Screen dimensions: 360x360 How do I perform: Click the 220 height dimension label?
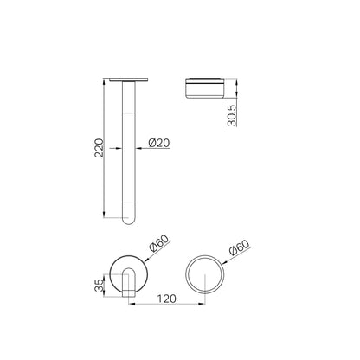click(x=99, y=148)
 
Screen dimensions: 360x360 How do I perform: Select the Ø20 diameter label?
click(x=159, y=143)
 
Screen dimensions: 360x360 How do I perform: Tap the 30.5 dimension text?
click(x=232, y=115)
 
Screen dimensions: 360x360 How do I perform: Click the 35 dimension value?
click(x=99, y=286)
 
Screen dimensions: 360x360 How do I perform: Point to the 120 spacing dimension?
click(x=166, y=299)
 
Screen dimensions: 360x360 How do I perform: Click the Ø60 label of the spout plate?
click(x=159, y=244)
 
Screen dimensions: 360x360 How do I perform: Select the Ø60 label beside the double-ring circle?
click(x=239, y=247)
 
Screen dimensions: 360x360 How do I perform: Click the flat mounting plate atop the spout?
click(x=129, y=80)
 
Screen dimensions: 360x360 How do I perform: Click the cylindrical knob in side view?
click(x=205, y=87)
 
